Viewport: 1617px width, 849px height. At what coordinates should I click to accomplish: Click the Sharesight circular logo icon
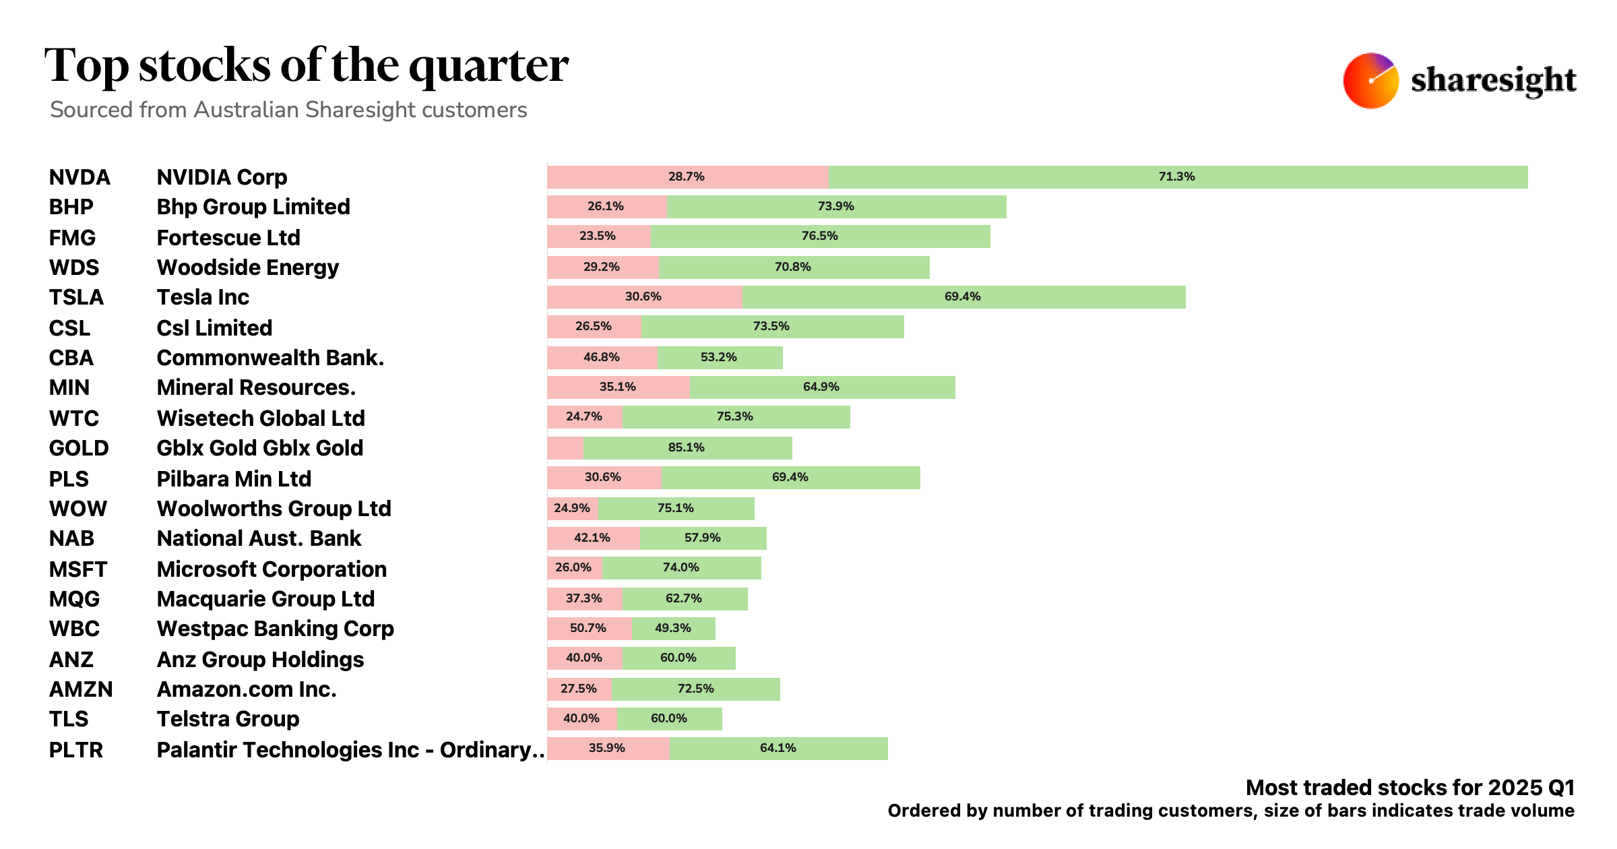click(1370, 81)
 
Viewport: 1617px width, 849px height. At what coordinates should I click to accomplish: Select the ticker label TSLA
click(76, 297)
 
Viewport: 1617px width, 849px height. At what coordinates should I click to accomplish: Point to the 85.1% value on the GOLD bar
click(686, 447)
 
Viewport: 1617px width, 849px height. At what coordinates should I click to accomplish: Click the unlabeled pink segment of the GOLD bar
click(565, 448)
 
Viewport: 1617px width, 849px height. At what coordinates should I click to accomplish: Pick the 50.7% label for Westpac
click(588, 628)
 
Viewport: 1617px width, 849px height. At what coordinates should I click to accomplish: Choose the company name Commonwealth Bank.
click(270, 358)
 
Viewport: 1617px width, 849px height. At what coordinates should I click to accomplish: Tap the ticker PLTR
click(76, 750)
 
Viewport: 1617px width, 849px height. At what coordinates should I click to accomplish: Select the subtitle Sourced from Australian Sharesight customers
click(288, 110)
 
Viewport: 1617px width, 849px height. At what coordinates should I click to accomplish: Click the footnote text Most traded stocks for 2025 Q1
click(1409, 788)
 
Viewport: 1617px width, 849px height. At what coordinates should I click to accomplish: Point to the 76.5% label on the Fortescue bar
click(819, 236)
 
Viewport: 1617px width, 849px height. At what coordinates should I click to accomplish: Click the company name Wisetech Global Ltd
click(261, 418)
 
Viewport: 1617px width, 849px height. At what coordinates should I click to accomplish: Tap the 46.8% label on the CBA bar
click(601, 357)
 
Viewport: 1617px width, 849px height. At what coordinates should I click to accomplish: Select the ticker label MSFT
click(78, 569)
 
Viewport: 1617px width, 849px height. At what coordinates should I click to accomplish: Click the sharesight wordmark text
click(1493, 81)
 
